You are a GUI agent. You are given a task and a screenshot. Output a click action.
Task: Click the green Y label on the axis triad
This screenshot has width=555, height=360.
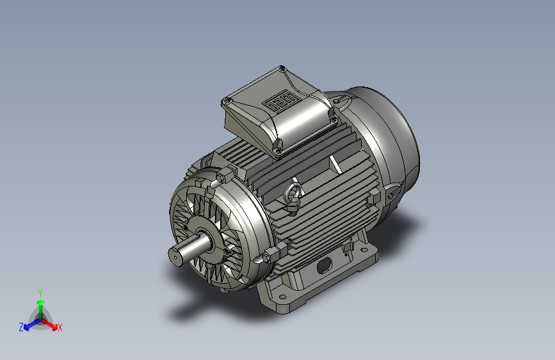click(40, 293)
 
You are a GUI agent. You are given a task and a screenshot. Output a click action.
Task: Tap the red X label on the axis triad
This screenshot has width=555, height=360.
click(60, 328)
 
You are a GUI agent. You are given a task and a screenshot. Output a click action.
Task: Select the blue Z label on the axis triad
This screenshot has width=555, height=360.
click(21, 327)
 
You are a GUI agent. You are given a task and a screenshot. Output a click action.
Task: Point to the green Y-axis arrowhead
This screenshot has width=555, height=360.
click(41, 302)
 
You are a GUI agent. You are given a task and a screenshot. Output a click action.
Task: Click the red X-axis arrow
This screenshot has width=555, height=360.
click(49, 324)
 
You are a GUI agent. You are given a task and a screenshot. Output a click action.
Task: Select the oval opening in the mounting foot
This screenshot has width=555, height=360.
click(324, 265)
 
